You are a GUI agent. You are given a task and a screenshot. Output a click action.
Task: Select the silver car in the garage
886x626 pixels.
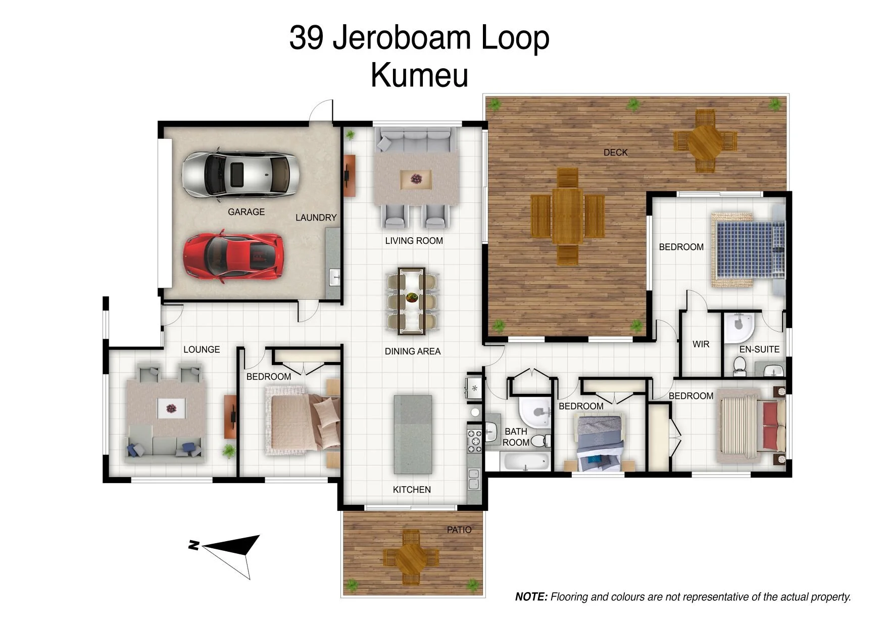tap(240, 173)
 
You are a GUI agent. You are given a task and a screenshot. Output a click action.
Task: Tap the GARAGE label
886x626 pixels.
tap(246, 212)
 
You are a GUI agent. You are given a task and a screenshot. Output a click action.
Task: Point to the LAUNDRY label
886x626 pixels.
tap(316, 218)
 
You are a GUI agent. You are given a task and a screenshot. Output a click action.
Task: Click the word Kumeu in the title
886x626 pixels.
tap(419, 75)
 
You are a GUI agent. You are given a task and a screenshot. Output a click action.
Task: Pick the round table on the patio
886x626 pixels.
tap(411, 558)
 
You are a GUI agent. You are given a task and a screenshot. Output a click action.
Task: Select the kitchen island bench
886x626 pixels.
tap(413, 434)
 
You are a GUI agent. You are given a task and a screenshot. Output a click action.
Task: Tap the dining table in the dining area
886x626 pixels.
tap(412, 301)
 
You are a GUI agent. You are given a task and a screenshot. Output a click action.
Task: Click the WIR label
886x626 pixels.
tap(701, 344)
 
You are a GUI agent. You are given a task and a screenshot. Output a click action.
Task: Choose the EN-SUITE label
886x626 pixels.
tap(759, 349)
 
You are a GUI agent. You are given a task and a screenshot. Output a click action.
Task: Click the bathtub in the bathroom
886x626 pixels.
tap(525, 461)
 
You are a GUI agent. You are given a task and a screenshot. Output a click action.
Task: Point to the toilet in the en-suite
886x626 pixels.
tap(740, 366)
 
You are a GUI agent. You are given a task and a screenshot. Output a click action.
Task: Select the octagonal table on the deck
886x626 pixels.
tap(705, 142)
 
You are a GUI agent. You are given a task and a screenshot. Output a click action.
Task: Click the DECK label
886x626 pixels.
tap(615, 152)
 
